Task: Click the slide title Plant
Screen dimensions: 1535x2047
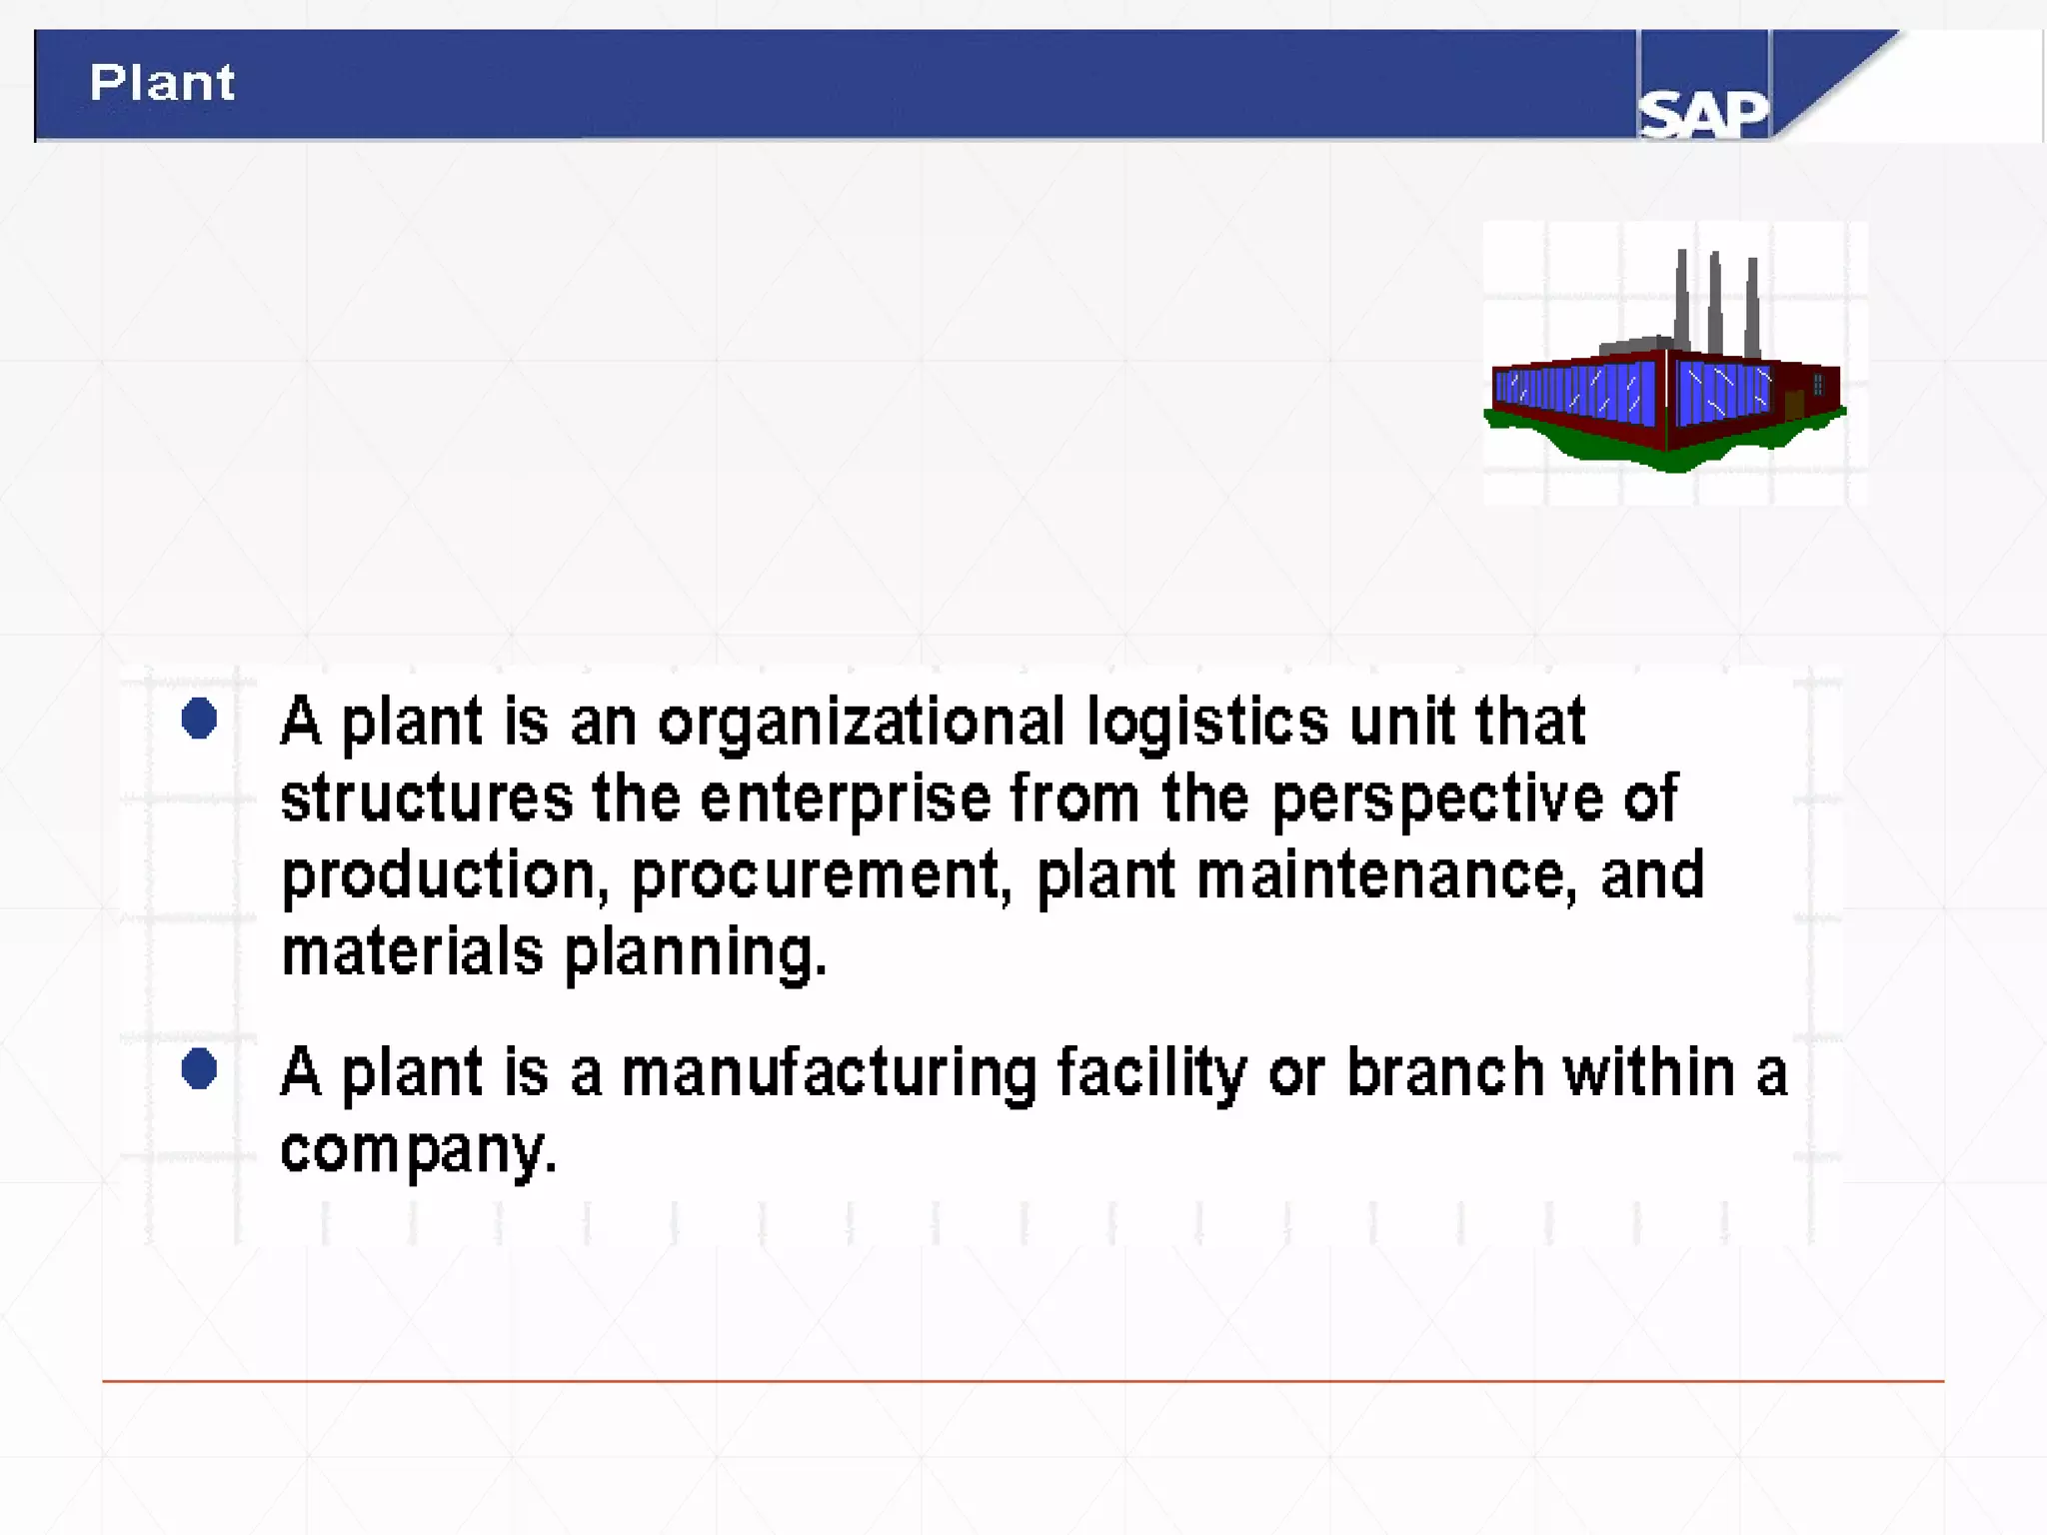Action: tap(162, 82)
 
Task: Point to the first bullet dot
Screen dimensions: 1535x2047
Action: tap(200, 719)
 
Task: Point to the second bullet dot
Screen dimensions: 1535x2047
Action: tap(200, 1069)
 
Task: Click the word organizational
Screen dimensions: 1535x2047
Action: tap(862, 723)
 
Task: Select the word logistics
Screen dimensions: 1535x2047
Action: tap(1207, 723)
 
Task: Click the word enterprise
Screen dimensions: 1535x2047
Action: tap(845, 799)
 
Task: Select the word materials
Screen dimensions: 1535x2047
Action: tap(412, 951)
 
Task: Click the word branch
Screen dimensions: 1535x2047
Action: tap(1445, 1072)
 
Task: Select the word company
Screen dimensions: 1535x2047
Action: tap(418, 1151)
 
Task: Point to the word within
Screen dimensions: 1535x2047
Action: tap(1648, 1072)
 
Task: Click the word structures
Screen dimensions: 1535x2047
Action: tap(427, 799)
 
